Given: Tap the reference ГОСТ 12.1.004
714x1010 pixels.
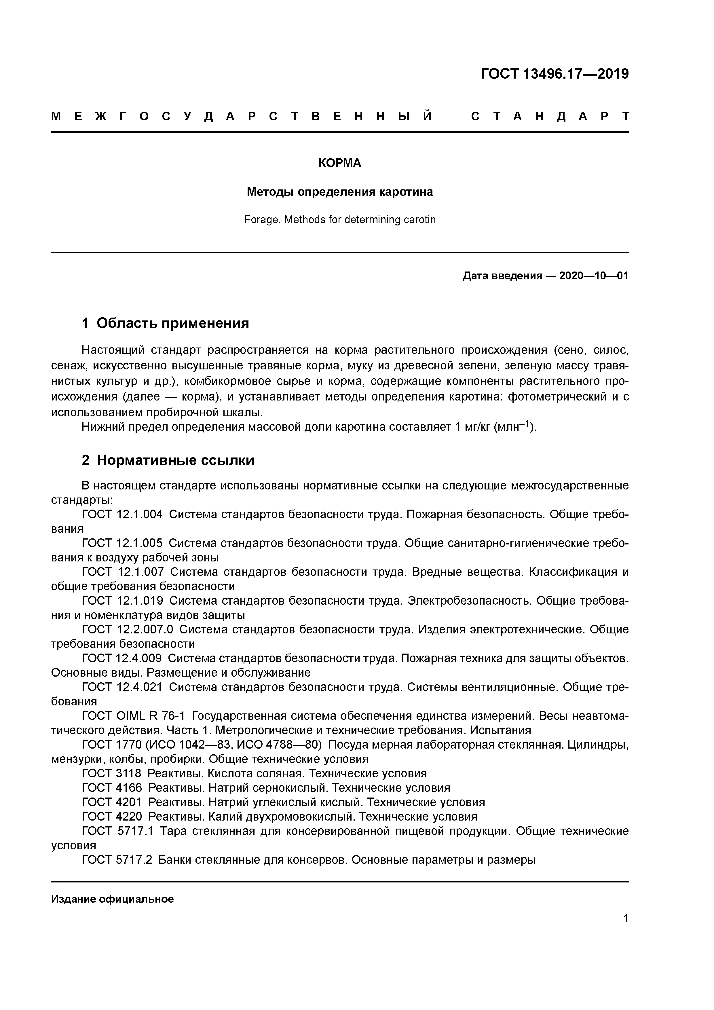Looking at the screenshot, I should (122, 514).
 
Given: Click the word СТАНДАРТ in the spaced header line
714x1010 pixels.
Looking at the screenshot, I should (550, 117).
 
